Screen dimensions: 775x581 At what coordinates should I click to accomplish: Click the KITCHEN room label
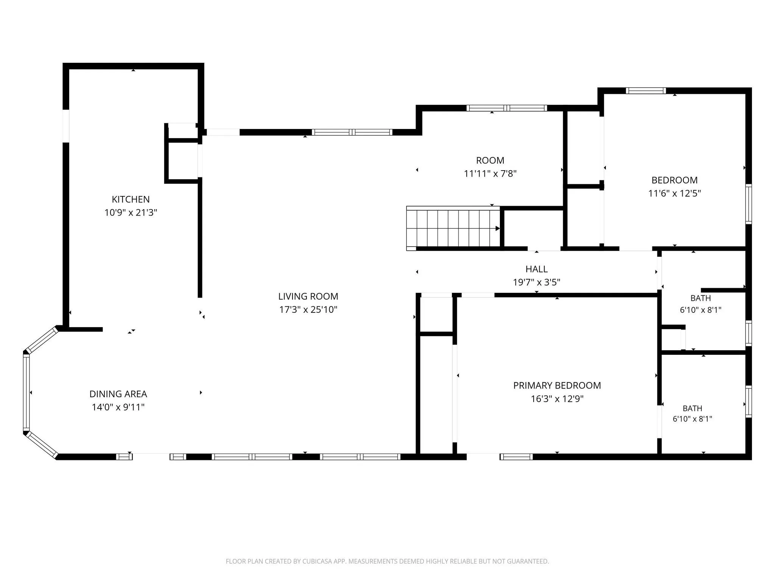(x=131, y=199)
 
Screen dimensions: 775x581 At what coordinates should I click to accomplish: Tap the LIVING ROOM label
(x=308, y=297)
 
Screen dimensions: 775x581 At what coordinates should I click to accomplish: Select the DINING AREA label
(x=118, y=394)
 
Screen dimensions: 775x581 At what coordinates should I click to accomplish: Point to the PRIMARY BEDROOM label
(x=557, y=385)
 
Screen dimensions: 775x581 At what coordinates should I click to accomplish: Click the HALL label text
(x=537, y=269)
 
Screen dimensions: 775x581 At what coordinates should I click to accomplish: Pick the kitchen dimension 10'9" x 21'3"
(x=131, y=213)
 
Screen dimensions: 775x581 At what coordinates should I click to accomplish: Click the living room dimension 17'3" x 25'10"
(x=308, y=310)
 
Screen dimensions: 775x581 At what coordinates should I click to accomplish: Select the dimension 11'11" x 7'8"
(x=490, y=174)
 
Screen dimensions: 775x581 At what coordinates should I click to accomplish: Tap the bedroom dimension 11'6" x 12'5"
(x=674, y=193)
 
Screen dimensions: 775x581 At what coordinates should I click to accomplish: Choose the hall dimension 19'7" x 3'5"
(x=537, y=282)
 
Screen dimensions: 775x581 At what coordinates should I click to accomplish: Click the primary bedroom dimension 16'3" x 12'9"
(x=557, y=399)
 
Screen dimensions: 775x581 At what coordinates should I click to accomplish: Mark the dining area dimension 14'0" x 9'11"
(x=118, y=407)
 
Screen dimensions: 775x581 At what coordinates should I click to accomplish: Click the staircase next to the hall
(x=453, y=228)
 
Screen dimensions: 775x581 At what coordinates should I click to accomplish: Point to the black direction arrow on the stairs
(x=498, y=228)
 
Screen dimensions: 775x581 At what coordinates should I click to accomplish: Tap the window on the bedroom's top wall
(x=646, y=90)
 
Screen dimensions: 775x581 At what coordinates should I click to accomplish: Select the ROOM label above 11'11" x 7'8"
(x=490, y=160)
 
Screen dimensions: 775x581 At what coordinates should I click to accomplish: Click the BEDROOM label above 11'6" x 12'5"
(x=674, y=180)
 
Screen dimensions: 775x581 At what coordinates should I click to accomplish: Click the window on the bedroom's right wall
(x=749, y=204)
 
